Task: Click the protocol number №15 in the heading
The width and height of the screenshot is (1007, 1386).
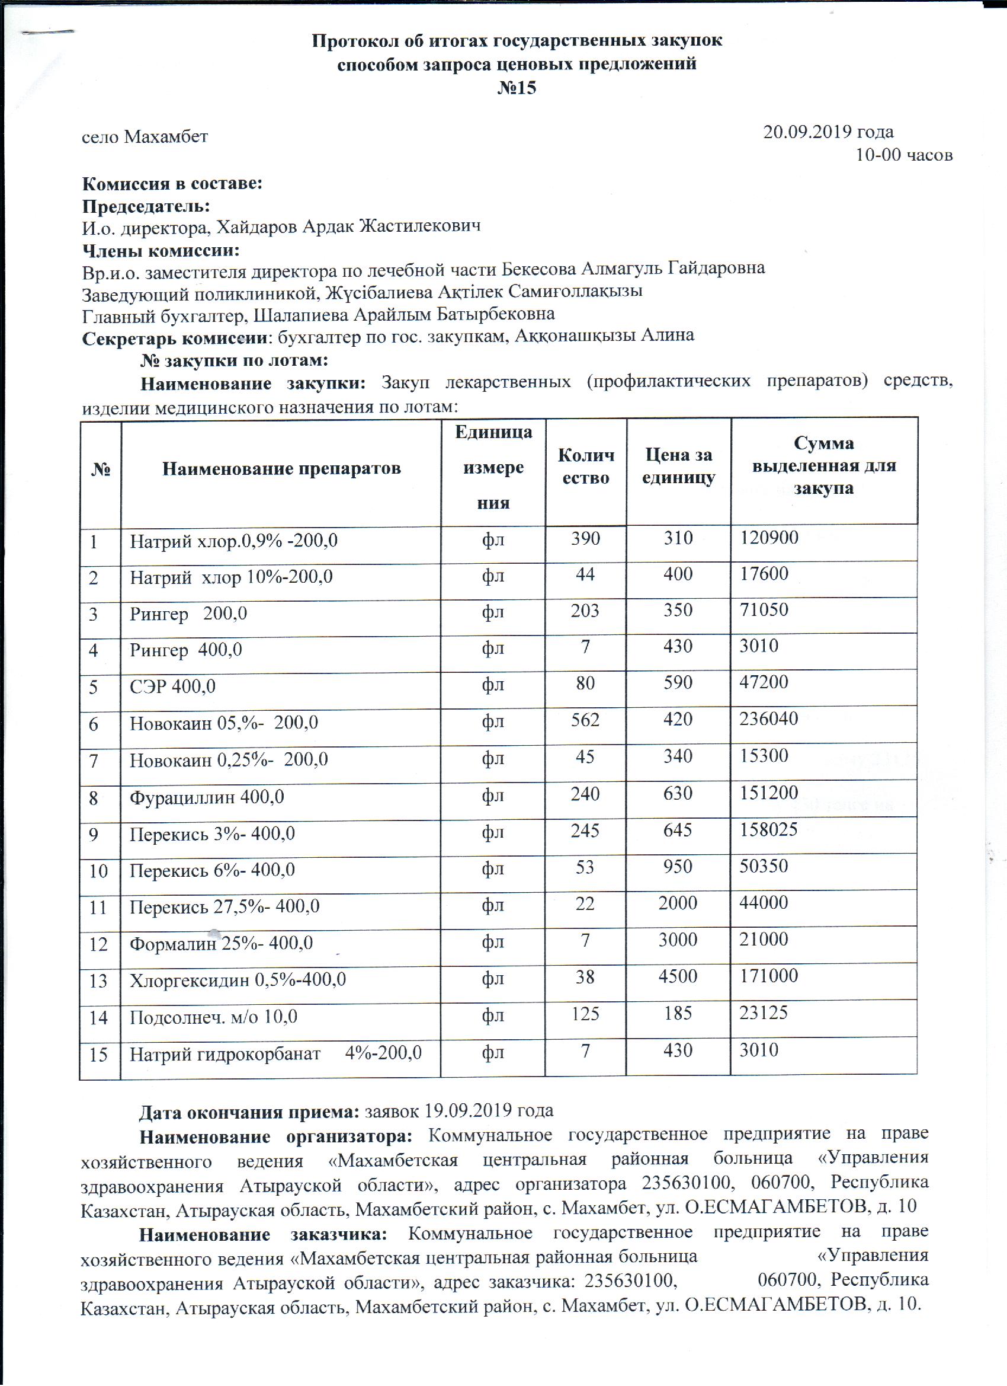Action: [x=517, y=88]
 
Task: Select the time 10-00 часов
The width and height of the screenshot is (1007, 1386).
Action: [x=904, y=155]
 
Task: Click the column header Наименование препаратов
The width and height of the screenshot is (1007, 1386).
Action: [x=281, y=469]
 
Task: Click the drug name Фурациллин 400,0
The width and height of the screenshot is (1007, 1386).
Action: [x=206, y=797]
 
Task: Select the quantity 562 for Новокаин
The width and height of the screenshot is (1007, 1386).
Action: [x=585, y=719]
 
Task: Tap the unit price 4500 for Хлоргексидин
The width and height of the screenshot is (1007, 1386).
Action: [x=678, y=975]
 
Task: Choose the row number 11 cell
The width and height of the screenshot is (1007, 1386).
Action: [x=98, y=908]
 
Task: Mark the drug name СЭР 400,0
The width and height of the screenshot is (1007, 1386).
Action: [x=172, y=686]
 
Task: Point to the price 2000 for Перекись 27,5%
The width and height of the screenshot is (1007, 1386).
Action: [x=678, y=903]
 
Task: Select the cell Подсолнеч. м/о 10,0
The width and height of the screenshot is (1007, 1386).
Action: [x=213, y=1017]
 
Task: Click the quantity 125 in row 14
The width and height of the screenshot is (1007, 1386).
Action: [x=585, y=1013]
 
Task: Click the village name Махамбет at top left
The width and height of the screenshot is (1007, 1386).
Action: [x=166, y=136]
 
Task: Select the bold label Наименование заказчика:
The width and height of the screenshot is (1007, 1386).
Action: [x=263, y=1234]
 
